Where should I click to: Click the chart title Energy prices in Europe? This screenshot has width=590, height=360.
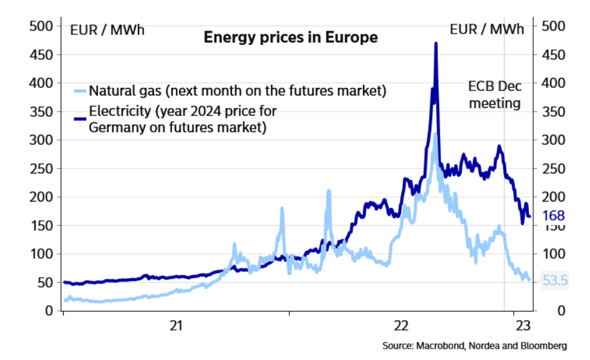point(291,37)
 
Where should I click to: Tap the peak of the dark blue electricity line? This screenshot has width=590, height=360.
point(435,44)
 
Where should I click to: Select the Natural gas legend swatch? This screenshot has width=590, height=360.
point(80,91)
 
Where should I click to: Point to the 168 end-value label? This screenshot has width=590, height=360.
point(554,216)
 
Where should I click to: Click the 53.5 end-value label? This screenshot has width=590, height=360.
point(555,281)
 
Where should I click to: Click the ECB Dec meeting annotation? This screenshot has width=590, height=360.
point(495,95)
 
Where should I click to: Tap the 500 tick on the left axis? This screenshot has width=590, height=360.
point(42,26)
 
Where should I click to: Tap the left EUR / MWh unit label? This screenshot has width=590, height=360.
point(107,29)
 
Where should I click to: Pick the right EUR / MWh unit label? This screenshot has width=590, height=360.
point(487,29)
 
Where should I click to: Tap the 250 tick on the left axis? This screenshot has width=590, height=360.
point(42,168)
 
